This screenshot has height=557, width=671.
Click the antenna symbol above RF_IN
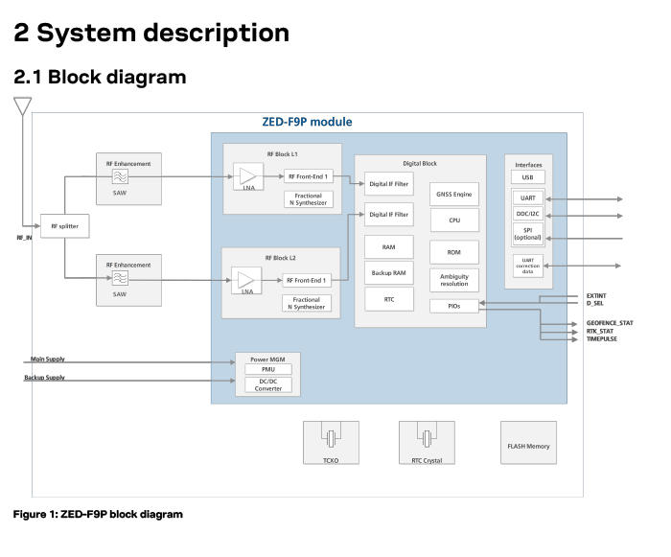[x=23, y=106]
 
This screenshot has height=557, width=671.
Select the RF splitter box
[x=64, y=226]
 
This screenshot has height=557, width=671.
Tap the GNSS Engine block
[x=454, y=194]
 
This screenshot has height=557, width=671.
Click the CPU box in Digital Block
[x=454, y=220]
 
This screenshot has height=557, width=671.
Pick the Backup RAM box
[x=388, y=272]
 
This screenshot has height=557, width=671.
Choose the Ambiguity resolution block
[x=454, y=280]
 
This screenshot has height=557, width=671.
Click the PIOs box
[x=454, y=306]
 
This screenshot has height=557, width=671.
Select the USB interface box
[x=527, y=176]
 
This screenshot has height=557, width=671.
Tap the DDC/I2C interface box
[x=527, y=214]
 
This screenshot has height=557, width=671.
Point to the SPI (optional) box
[x=527, y=234]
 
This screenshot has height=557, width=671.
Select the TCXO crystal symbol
[x=331, y=438]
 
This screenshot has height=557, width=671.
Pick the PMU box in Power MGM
[x=268, y=369]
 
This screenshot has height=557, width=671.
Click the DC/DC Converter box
[x=268, y=384]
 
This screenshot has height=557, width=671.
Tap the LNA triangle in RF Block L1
[x=248, y=176]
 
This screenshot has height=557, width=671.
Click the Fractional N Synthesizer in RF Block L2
[x=307, y=303]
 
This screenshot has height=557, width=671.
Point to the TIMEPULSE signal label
[x=602, y=338]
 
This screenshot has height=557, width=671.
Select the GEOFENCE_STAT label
[x=610, y=323]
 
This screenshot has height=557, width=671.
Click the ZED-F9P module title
[x=307, y=122]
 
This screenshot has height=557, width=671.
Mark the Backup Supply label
[x=44, y=377]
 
